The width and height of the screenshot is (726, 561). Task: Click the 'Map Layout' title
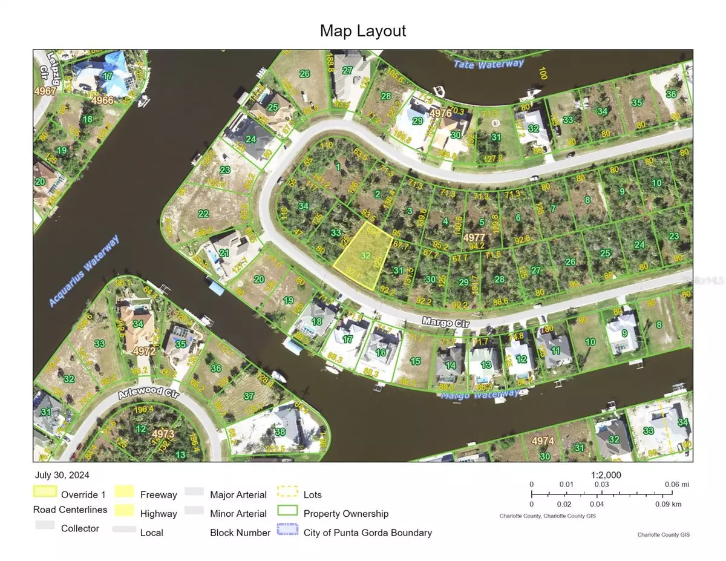(363, 31)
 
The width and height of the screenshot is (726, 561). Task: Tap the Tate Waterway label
(489, 64)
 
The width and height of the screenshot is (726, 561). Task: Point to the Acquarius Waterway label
(84, 271)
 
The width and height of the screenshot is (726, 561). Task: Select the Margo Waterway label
(479, 395)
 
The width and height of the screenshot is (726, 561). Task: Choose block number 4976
(440, 113)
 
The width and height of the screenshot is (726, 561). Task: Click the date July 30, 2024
(63, 476)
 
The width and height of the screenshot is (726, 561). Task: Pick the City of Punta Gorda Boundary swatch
(287, 530)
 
